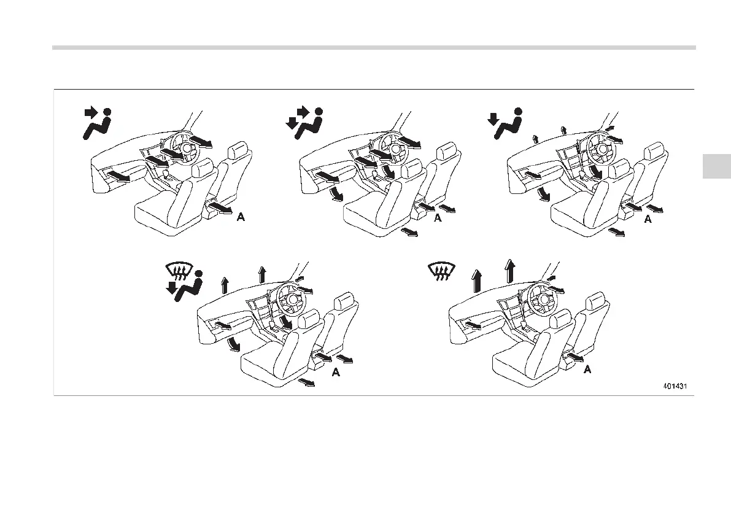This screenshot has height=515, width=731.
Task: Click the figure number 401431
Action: tap(674, 387)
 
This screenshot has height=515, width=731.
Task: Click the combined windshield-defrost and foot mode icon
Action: tap(183, 283)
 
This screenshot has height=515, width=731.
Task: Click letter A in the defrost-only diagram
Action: tap(587, 370)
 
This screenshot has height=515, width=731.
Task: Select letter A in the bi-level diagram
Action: tap(437, 219)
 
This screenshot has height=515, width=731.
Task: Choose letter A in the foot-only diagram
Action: tap(647, 219)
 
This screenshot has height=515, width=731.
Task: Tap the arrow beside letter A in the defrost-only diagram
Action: tap(576, 358)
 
